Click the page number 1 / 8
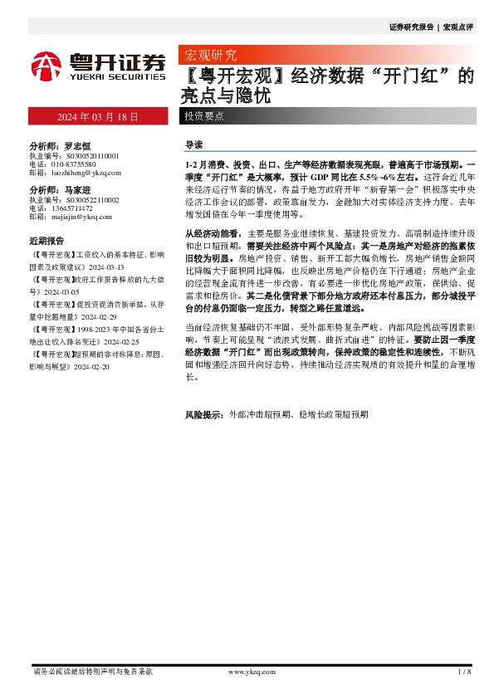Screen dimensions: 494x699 tap(464, 671)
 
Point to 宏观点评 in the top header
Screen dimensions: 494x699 tap(458, 27)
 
